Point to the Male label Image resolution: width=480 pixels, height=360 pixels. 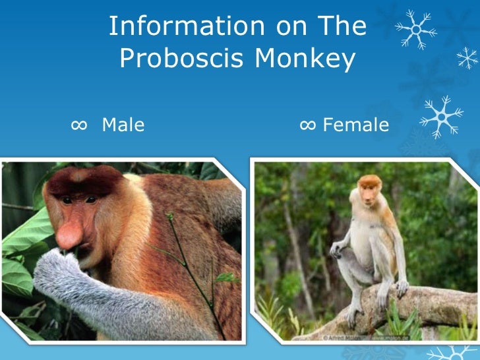123,124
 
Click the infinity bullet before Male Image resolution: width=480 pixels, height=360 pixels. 78,124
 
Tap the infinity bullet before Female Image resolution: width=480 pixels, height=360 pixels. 307,124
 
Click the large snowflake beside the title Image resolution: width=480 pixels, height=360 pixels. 415,29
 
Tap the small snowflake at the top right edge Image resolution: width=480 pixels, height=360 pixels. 467,59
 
